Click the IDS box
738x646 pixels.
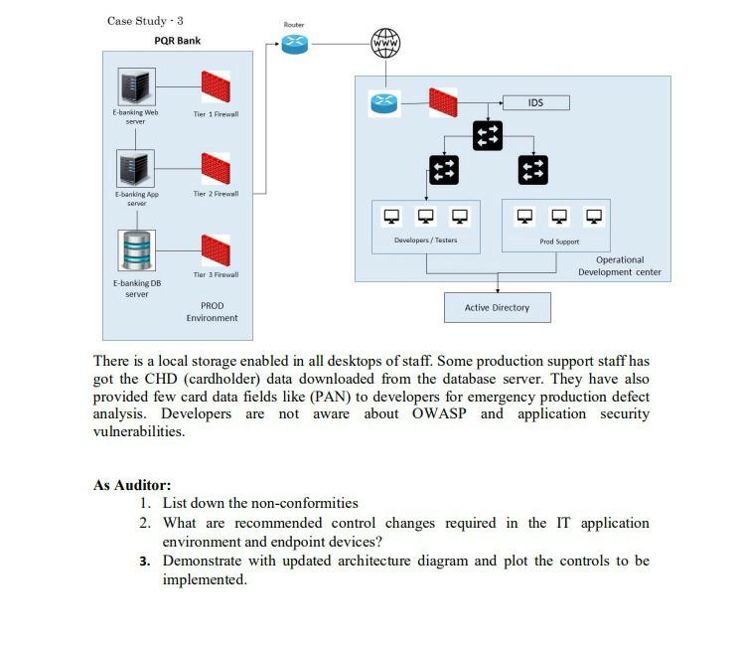tap(536, 102)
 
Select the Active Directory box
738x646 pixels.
tap(497, 307)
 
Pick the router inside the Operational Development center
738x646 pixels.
tap(383, 102)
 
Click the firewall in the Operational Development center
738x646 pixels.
tap(444, 102)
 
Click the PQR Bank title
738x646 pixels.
tap(177, 41)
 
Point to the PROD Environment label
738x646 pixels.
tap(212, 311)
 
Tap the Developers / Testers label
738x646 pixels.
tap(425, 241)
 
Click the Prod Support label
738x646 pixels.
tap(559, 242)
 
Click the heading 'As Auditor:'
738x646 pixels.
tap(132, 485)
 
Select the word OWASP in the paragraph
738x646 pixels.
tap(442, 413)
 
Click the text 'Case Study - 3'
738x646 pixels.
tap(145, 20)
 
